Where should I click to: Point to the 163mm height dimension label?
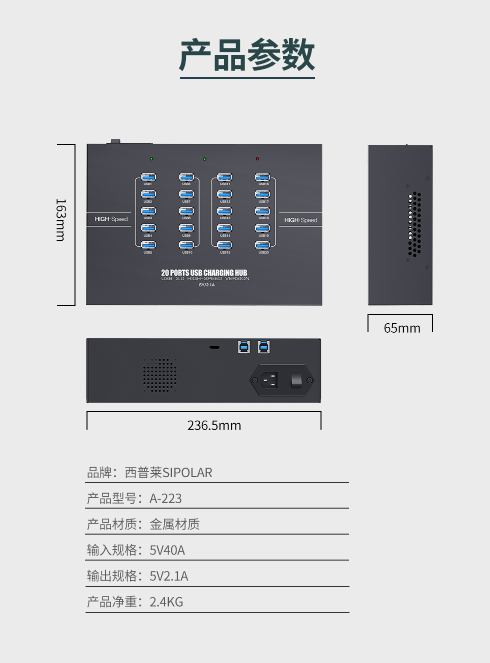tap(60, 220)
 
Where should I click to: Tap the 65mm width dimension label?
tap(402, 328)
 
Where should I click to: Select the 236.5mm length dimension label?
tap(214, 425)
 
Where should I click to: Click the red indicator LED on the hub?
tap(257, 159)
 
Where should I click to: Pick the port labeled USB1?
tap(148, 177)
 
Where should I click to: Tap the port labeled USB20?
tap(262, 245)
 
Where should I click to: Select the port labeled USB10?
tap(186, 245)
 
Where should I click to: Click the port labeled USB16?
tap(262, 177)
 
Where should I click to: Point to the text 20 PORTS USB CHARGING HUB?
tap(204, 272)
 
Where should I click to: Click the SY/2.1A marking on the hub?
tap(206, 285)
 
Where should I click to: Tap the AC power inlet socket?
tap(268, 380)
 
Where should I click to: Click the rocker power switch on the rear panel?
tap(296, 380)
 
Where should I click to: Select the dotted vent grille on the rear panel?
tap(160, 375)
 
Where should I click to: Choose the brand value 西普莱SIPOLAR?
tap(168, 473)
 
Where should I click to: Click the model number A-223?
tap(165, 499)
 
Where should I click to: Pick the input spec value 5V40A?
tap(167, 550)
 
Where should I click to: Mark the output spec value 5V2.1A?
tap(168, 576)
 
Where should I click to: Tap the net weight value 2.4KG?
tap(166, 602)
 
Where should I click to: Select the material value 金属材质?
tap(174, 524)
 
